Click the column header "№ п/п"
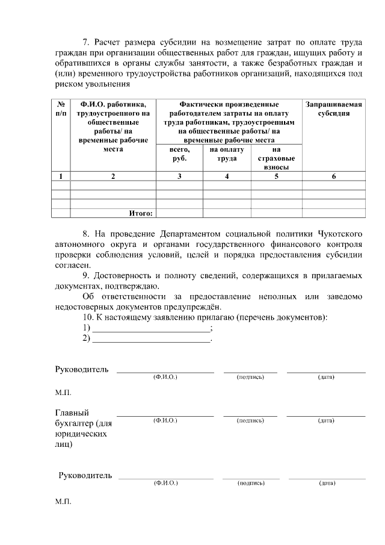[x=61, y=108]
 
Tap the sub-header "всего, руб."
[x=180, y=154]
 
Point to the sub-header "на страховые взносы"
[x=276, y=158]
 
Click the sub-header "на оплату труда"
[x=227, y=154]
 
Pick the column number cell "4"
[x=227, y=176]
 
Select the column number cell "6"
[x=334, y=176]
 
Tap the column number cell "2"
[x=113, y=176]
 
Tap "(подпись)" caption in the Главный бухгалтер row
[x=250, y=420]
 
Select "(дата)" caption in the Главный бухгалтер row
[x=326, y=420]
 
